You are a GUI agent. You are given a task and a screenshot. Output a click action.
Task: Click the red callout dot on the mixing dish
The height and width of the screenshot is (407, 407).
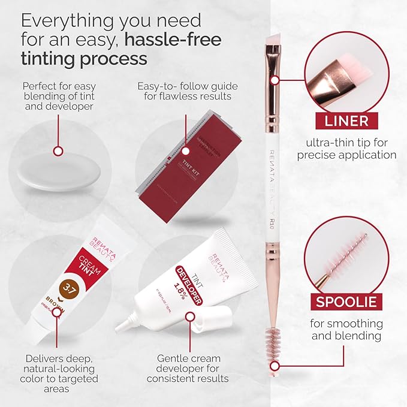[x=58, y=151]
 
